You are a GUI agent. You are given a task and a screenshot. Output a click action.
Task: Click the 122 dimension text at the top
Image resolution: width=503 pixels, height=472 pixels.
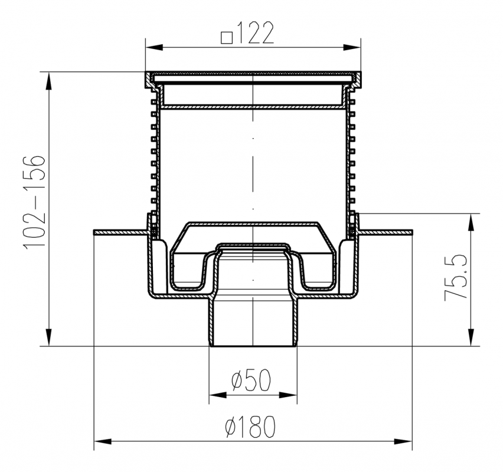pos(254,32)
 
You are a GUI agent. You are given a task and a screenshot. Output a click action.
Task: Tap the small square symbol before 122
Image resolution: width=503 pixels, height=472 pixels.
pos(227,38)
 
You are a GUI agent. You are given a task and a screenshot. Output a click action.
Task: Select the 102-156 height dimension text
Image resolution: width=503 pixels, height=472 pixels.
pos(34,201)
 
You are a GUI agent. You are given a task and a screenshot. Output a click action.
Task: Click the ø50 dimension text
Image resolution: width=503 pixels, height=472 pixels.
pos(251,380)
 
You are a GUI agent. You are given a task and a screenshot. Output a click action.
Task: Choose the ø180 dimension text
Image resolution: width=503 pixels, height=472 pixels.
pos(250,427)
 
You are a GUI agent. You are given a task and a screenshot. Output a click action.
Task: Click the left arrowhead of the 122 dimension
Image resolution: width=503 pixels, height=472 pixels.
pos(153,48)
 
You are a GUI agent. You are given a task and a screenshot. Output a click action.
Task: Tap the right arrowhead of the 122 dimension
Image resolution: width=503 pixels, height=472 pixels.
pos(352,48)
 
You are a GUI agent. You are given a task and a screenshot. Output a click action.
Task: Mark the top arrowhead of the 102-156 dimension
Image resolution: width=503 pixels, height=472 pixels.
pos(48,81)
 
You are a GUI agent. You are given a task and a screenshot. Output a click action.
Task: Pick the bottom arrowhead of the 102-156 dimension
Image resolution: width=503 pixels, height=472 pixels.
pos(48,337)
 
